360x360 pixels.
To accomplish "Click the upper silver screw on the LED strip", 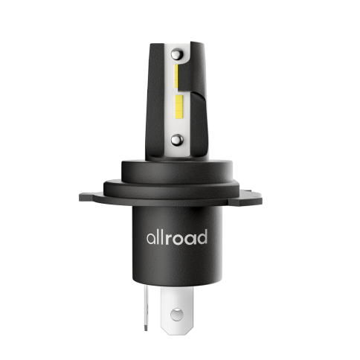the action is (x=177, y=54).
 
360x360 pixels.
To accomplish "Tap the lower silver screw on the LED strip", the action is (x=177, y=140).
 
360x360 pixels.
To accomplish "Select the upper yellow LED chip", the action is (x=176, y=76).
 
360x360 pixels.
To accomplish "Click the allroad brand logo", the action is (x=177, y=237).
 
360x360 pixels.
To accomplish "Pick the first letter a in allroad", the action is (x=151, y=239).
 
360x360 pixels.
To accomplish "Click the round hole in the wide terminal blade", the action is (x=177, y=315).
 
